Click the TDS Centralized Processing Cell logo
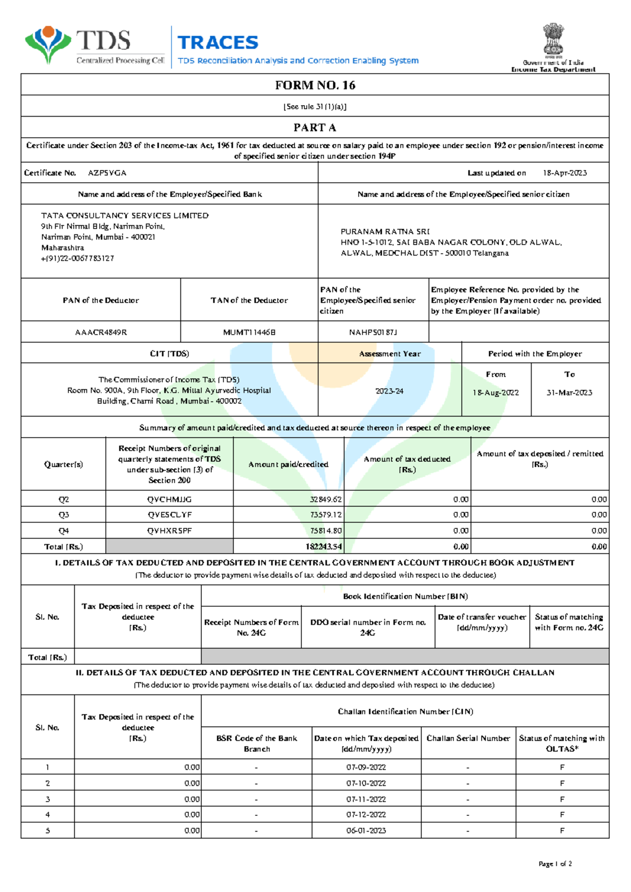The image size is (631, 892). pos(95,46)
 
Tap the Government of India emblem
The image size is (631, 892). pos(553,40)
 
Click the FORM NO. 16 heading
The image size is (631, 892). pos(315,85)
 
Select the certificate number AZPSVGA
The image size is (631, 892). pos(107,173)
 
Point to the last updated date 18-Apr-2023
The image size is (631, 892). pos(565,173)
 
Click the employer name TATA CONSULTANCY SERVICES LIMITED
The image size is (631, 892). pos(125,215)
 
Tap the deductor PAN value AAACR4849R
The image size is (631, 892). pos(101,333)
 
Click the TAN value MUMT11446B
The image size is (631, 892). pos(249,333)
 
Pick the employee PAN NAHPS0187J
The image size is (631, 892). pos(373,333)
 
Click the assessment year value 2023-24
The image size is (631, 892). pos(390,391)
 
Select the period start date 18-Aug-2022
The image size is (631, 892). pos(495,393)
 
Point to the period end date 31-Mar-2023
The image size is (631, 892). pos(569,393)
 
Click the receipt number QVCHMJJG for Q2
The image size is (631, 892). pos(169,500)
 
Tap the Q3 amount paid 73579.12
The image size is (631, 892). pos(325,515)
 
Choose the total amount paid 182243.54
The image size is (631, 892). pos(323,547)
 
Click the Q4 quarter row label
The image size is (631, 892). pos(64,531)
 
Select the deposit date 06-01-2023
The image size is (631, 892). pos(366,831)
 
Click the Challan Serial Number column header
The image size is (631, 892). pos(468,739)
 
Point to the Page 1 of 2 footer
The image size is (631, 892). pos(555,864)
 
